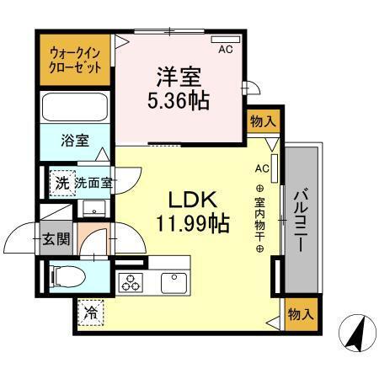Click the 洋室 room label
pyautogui.click(x=179, y=76)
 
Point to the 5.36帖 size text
pyautogui.click(x=179, y=100)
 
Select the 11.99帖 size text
pyautogui.click(x=192, y=224)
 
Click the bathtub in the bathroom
pyautogui.click(x=74, y=108)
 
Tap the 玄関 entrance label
pyautogui.click(x=58, y=238)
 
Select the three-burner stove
pyautogui.click(x=131, y=283)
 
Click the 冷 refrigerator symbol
pyautogui.click(x=90, y=313)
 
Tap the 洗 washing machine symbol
pyautogui.click(x=61, y=183)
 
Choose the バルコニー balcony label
pyautogui.click(x=301, y=218)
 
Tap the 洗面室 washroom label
pyautogui.click(x=93, y=183)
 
